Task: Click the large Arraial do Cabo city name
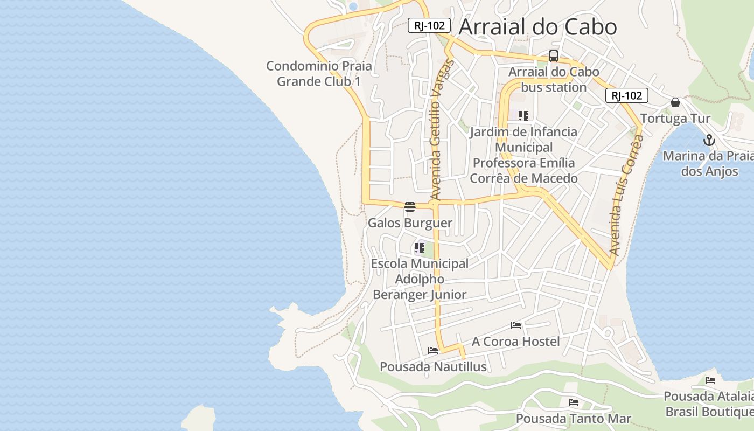pyautogui.click(x=537, y=27)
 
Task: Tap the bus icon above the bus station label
pyautogui.click(x=554, y=56)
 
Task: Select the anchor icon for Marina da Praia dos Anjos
pyautogui.click(x=709, y=141)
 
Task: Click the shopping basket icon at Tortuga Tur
pyautogui.click(x=675, y=102)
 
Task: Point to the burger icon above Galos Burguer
pyautogui.click(x=410, y=207)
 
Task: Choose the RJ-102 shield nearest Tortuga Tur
pyautogui.click(x=627, y=96)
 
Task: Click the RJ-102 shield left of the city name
pyautogui.click(x=429, y=25)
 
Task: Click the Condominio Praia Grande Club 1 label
pyautogui.click(x=319, y=74)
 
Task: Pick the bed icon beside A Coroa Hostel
pyautogui.click(x=516, y=325)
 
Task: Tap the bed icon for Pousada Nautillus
pyautogui.click(x=433, y=351)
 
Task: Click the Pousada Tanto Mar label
pyautogui.click(x=573, y=419)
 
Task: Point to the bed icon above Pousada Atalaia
pyautogui.click(x=710, y=380)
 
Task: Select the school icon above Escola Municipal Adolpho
pyautogui.click(x=419, y=248)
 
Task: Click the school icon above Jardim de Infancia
pyautogui.click(x=523, y=115)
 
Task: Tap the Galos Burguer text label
pyautogui.click(x=410, y=223)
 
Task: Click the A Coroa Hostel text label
pyautogui.click(x=516, y=342)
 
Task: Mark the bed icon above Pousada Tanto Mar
pyautogui.click(x=574, y=402)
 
